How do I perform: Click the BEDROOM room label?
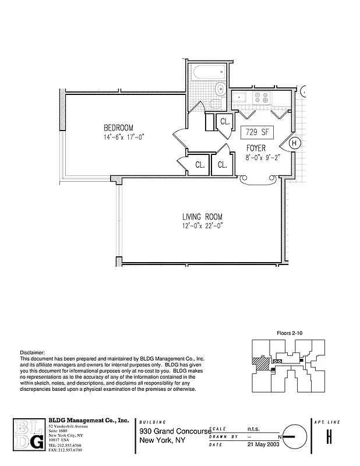pos(119,128)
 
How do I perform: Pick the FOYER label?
pos(256,149)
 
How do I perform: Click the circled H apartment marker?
pos(294,143)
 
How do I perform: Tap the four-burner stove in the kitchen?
pos(261,98)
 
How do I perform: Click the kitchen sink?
pos(240,98)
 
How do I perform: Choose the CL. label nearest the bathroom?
pos(224,122)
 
